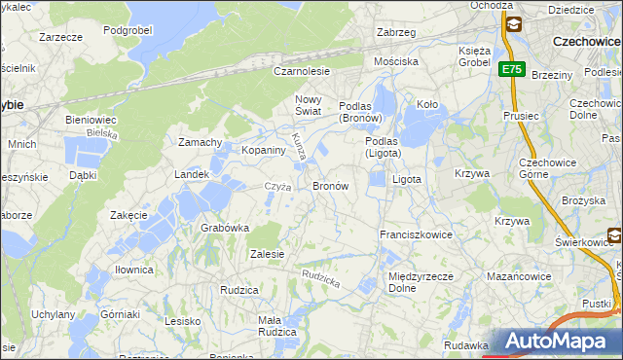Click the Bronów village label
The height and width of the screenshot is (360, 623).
[330, 185]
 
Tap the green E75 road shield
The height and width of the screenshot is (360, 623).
[512, 69]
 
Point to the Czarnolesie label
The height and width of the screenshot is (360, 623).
[302, 71]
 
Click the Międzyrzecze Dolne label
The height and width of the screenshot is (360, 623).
[416, 282]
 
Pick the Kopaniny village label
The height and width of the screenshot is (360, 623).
[237, 151]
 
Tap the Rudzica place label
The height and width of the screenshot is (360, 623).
[238, 290]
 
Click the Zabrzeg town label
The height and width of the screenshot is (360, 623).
[396, 32]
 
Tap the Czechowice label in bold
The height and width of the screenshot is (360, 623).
[586, 42]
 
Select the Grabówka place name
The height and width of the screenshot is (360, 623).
[226, 228]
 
